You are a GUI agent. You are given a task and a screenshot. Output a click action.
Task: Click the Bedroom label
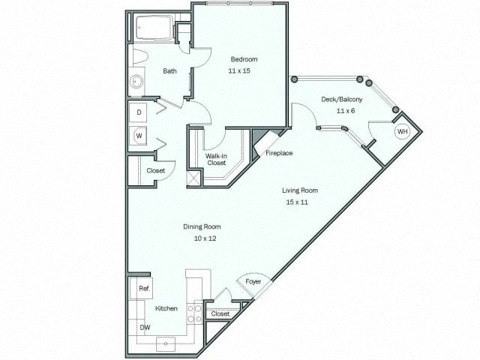244,59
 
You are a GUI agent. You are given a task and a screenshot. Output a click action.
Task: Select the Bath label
170,72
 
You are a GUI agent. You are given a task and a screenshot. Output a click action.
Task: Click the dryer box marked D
139,112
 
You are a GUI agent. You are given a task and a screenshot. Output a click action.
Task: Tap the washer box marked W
139,135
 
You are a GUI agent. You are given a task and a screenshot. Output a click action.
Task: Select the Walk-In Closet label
217,159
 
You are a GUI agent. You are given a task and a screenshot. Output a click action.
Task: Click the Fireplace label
279,153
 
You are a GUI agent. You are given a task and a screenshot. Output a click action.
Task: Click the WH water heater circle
403,131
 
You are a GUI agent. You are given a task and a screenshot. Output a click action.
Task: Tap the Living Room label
298,190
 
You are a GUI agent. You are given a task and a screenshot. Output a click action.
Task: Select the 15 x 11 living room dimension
297,202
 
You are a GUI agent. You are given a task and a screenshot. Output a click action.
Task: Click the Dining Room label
202,226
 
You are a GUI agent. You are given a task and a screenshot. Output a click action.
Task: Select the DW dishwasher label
144,327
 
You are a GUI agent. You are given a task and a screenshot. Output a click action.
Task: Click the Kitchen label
166,307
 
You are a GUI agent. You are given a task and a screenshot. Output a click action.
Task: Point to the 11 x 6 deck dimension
345,111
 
